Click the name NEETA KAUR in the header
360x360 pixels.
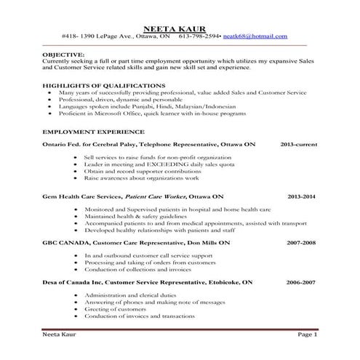[180, 28]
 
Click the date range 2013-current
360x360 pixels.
[298, 145]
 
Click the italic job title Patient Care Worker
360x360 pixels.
[158, 196]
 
